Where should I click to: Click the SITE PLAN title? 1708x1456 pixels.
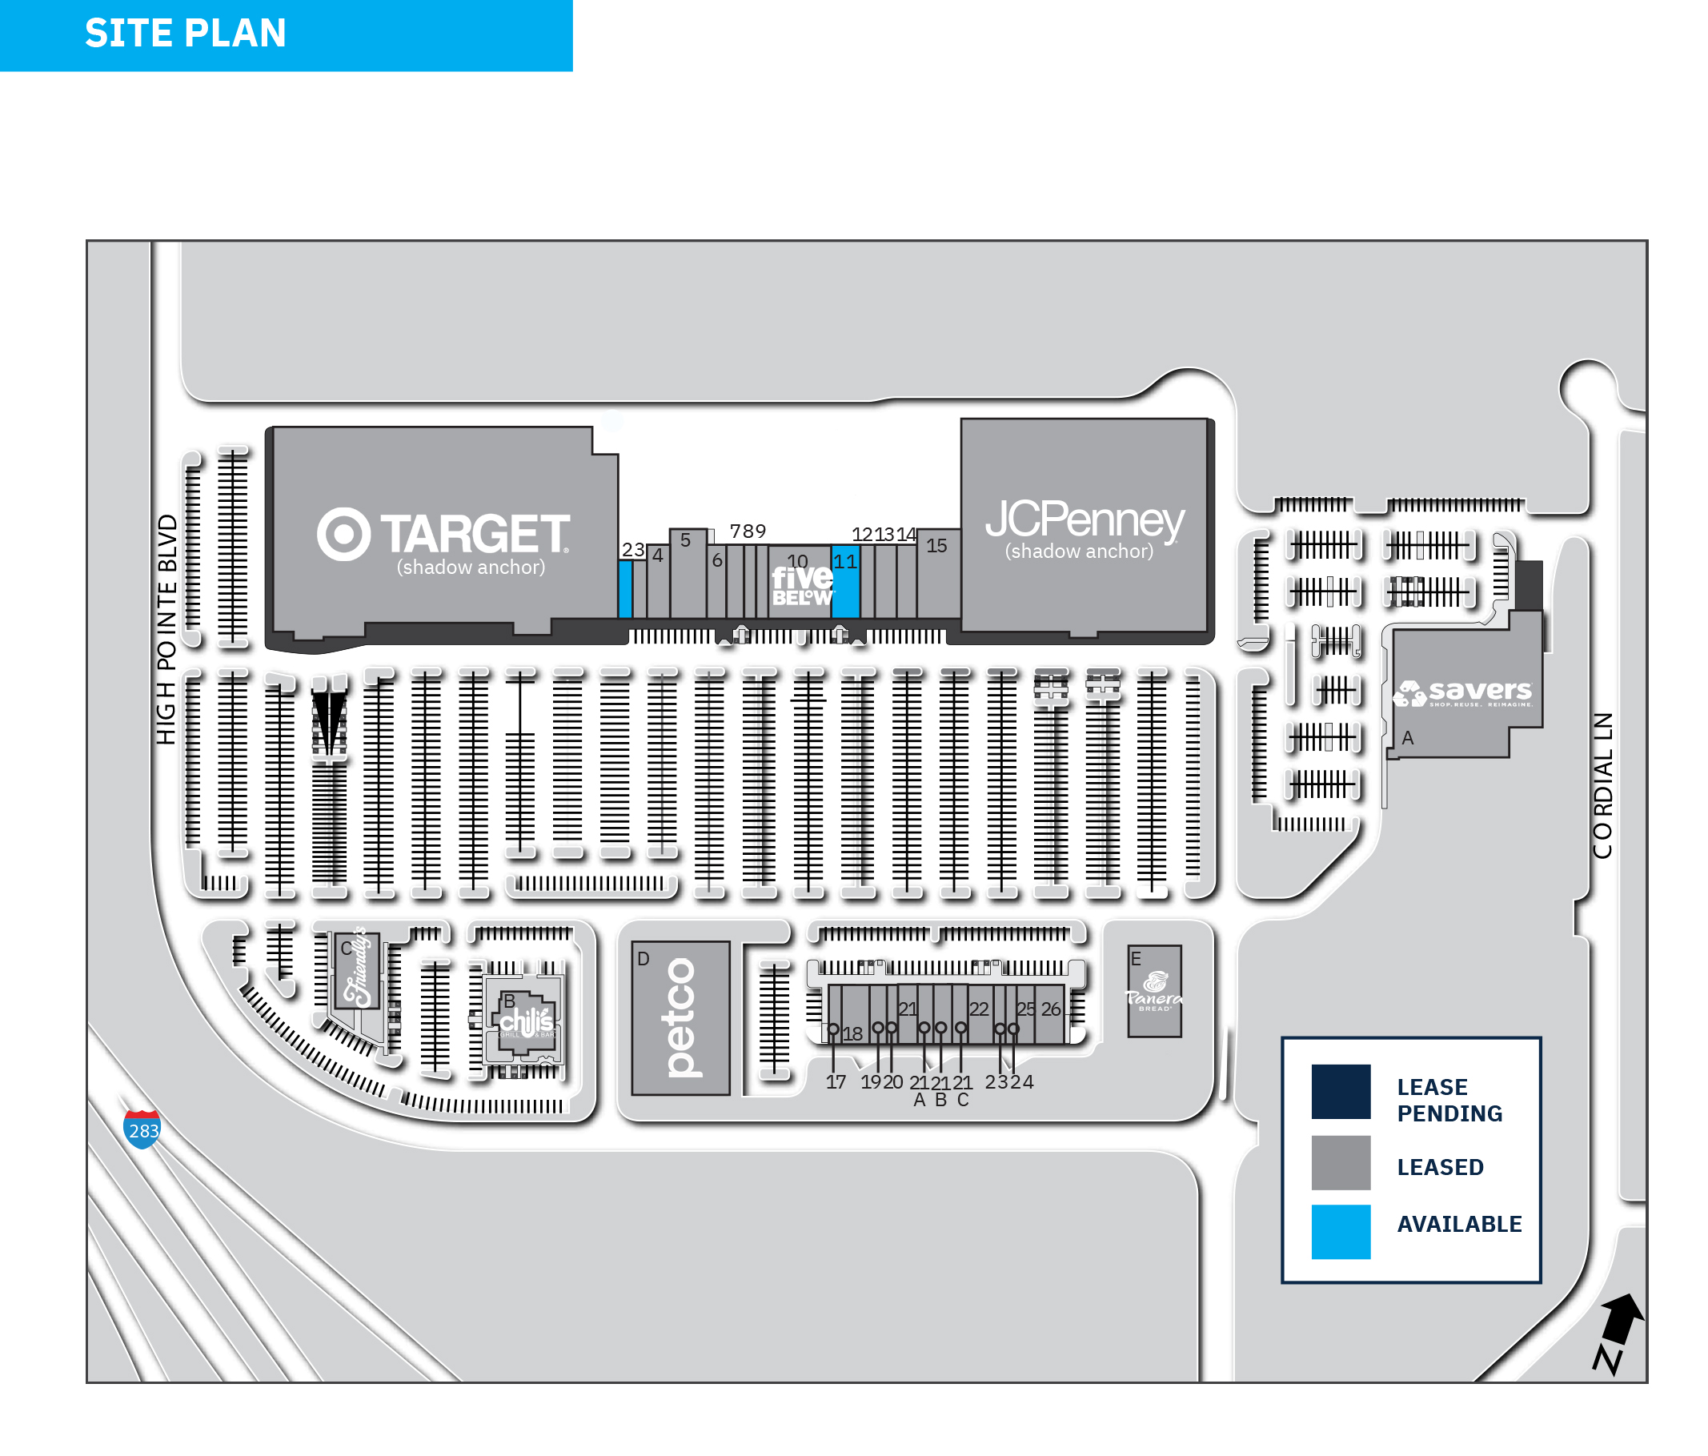point(186,34)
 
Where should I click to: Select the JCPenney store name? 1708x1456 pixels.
point(1085,519)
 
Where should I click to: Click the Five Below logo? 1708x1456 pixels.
point(802,585)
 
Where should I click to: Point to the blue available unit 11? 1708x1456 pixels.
point(846,587)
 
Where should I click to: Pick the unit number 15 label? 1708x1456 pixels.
point(936,546)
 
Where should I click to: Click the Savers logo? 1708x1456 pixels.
point(1463,692)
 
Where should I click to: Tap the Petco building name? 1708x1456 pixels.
point(681,1017)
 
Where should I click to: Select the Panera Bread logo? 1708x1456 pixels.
point(1154,989)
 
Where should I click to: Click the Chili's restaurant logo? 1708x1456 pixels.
point(526,1022)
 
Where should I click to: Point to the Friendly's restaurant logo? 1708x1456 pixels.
point(358,969)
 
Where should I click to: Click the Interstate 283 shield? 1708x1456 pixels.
point(142,1129)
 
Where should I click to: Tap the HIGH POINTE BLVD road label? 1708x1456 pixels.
point(166,629)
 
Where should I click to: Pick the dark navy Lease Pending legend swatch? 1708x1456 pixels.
point(1341,1092)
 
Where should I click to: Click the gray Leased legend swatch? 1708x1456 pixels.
point(1341,1162)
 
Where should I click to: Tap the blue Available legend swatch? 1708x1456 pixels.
point(1341,1232)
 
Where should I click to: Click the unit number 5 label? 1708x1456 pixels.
point(685,541)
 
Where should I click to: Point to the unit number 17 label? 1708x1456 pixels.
point(836,1081)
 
